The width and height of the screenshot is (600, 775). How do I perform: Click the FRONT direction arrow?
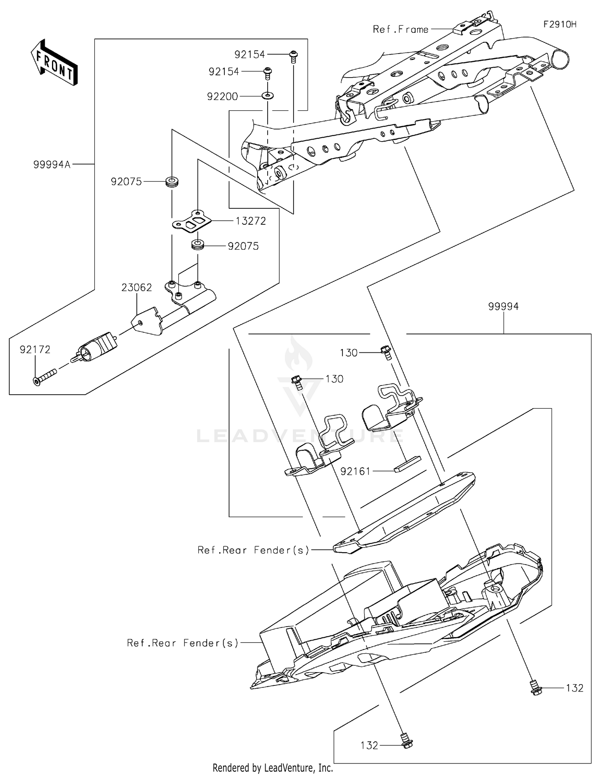point(54,63)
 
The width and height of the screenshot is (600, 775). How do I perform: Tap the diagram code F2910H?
point(560,24)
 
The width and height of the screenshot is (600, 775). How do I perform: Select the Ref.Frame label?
point(400,29)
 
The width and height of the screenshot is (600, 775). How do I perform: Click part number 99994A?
point(52,164)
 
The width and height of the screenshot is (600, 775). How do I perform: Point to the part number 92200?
point(222,96)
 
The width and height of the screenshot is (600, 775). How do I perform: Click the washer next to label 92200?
point(267,96)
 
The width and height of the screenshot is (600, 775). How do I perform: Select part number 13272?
point(251,221)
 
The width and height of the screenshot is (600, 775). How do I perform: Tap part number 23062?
point(137,287)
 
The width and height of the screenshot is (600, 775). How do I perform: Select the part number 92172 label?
point(35,350)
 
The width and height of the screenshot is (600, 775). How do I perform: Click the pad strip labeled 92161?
point(407,464)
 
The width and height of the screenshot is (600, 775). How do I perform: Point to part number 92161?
point(356,471)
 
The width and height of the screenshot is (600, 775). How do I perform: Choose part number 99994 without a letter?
point(503,306)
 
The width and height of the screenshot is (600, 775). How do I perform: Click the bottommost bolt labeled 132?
point(406,743)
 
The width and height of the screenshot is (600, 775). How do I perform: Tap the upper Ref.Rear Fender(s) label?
point(254,550)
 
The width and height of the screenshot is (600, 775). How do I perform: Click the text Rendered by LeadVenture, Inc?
point(272,767)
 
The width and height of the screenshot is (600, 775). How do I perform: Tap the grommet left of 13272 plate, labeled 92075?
point(172,182)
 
